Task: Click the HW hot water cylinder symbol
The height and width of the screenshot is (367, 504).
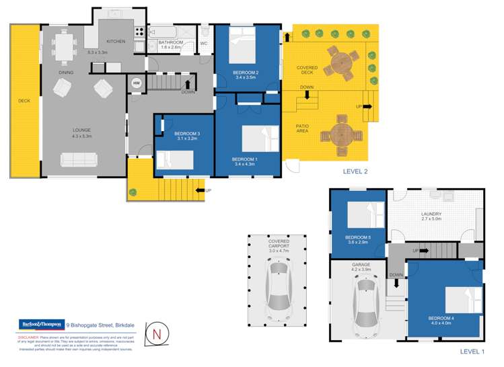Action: coord(137,83)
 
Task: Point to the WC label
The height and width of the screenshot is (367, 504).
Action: coord(203,44)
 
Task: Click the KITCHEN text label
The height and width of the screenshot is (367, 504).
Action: coord(116,42)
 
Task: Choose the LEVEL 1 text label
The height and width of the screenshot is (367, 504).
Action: coord(472,352)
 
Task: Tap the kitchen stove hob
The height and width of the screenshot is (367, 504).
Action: coord(139,32)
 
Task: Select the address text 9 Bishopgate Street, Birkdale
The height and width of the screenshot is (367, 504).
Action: coord(101,325)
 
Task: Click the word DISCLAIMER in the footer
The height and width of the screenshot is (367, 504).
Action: coord(31,337)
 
